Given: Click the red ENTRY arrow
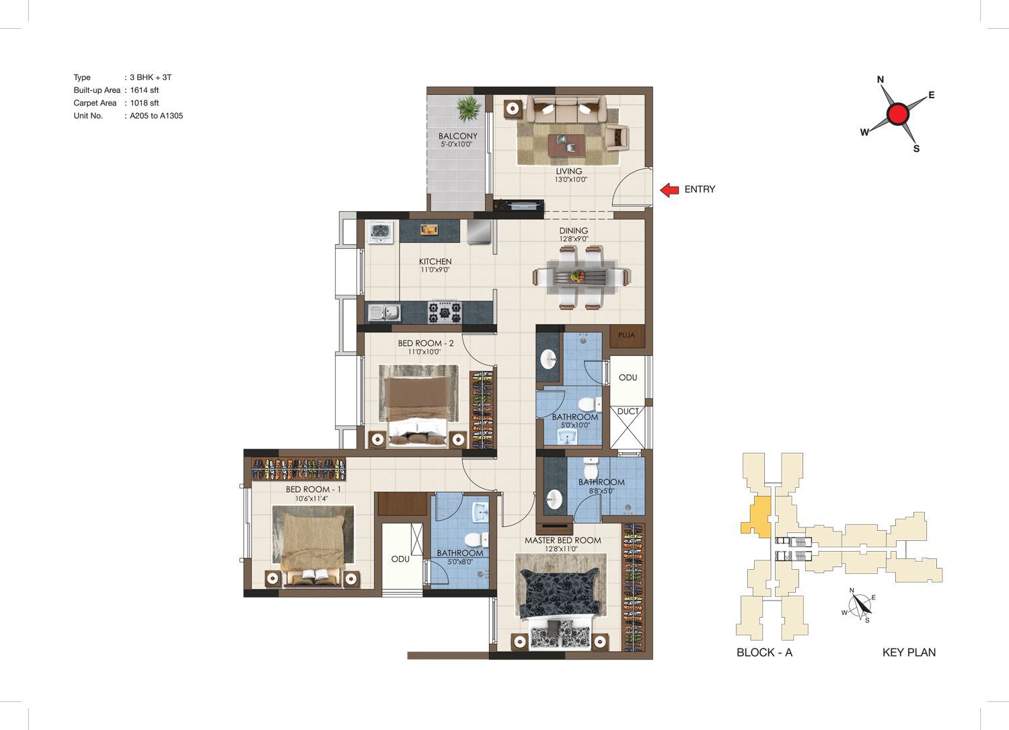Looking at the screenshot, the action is (x=670, y=190).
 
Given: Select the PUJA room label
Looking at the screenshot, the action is (x=626, y=335).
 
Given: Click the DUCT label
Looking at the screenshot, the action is (x=628, y=411).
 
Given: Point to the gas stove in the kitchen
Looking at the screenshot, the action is (x=445, y=312).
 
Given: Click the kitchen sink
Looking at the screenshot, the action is (x=384, y=312).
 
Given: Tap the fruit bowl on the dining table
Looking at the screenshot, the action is (x=577, y=275).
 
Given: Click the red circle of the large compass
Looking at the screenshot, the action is (x=898, y=114).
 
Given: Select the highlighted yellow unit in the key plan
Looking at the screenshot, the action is (x=759, y=517).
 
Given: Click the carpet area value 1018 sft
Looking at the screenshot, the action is (x=144, y=103).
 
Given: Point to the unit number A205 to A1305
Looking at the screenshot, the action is (x=156, y=116).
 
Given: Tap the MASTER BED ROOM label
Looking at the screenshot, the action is (x=562, y=540).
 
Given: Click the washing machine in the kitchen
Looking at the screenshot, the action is (x=381, y=232).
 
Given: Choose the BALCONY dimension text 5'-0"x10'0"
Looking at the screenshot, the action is (x=456, y=145).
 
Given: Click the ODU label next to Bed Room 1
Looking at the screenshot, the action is (x=400, y=559).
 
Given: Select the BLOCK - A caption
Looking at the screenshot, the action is (x=764, y=653).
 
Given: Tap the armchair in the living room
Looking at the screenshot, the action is (x=617, y=137).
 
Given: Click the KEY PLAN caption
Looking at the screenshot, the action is (x=909, y=653).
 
